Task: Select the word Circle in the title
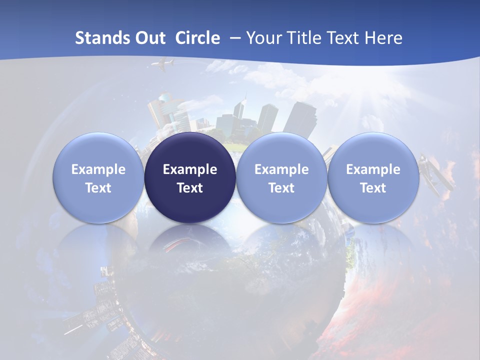(x=197, y=38)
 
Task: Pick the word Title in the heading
(x=304, y=38)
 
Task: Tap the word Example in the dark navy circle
(x=190, y=169)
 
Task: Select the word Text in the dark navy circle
(x=190, y=188)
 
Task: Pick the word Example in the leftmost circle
(x=98, y=169)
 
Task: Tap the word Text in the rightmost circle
(x=373, y=188)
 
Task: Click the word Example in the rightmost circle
(x=373, y=169)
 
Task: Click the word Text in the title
(x=343, y=38)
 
